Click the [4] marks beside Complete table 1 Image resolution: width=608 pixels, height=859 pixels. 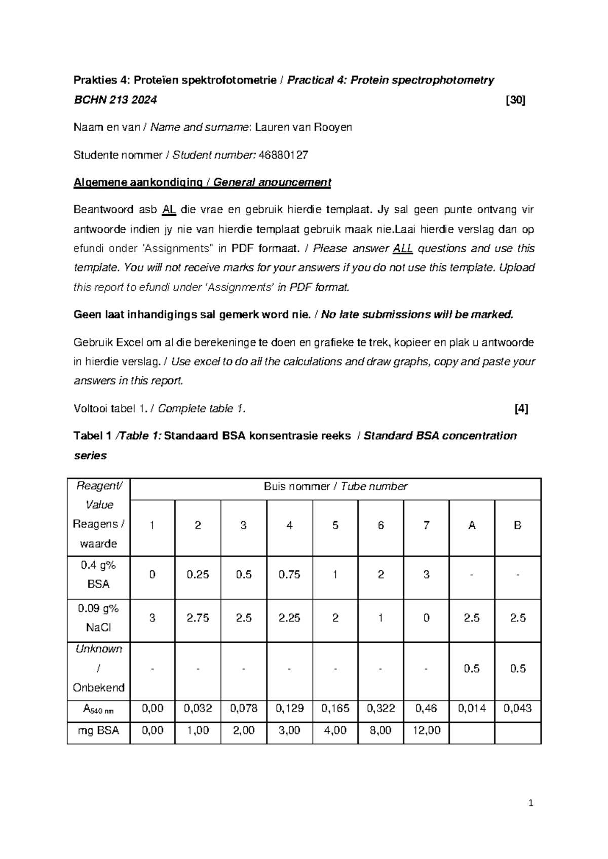click(521, 409)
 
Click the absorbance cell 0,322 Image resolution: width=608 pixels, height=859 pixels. click(381, 708)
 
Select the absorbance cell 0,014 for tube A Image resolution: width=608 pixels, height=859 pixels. click(472, 708)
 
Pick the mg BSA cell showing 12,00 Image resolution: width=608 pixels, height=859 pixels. click(426, 730)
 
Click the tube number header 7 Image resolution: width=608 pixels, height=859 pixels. click(426, 526)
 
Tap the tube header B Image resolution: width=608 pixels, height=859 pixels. click(517, 526)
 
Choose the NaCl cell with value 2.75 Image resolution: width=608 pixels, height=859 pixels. click(198, 618)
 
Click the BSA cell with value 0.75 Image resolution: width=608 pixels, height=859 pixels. click(289, 574)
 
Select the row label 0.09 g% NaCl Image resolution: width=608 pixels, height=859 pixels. click(98, 618)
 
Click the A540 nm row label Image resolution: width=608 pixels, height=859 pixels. click(98, 709)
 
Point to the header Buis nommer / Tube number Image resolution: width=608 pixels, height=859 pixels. click(335, 487)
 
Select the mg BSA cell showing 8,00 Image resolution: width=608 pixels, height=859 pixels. click(381, 730)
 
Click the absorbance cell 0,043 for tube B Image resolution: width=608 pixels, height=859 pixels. click(517, 708)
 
